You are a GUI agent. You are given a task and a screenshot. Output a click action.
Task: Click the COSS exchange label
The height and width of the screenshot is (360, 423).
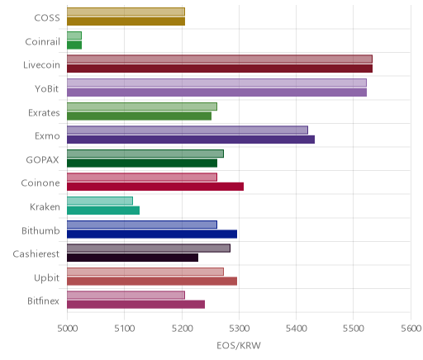coord(47,18)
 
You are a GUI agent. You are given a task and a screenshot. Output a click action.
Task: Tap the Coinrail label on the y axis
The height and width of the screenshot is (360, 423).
coord(42,42)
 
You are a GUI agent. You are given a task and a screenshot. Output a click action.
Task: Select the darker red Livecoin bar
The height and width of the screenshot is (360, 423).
coord(220,69)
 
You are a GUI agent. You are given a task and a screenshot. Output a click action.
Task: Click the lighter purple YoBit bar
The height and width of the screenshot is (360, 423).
coord(216,83)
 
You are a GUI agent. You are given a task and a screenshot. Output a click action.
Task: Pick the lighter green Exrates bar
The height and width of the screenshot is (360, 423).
coord(142,107)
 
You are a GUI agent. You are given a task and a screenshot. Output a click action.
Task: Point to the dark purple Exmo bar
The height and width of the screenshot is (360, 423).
coord(191,140)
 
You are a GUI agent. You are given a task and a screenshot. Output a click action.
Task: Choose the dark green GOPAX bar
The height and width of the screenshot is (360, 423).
coord(142,163)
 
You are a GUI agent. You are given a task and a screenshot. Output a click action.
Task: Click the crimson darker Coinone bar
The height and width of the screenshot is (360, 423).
coord(155,187)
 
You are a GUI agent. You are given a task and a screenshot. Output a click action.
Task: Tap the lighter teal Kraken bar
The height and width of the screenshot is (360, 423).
coord(100,201)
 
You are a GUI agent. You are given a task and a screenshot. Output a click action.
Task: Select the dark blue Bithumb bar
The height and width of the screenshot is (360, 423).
coord(152,234)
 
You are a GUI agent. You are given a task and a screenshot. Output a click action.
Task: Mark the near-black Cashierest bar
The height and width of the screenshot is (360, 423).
coord(132,258)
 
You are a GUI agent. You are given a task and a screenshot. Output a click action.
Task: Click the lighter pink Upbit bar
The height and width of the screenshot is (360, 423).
coord(145,272)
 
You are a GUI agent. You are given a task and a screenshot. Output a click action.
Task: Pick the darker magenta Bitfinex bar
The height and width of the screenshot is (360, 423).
coord(135,305)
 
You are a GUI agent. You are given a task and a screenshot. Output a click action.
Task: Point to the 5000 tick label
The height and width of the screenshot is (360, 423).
coord(67,329)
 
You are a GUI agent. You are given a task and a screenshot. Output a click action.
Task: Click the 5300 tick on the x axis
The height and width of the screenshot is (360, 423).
coord(239,329)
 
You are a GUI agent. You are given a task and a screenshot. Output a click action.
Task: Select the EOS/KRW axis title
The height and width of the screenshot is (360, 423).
coord(239,346)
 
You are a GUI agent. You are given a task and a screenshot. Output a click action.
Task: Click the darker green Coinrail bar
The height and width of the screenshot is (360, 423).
coord(74,45)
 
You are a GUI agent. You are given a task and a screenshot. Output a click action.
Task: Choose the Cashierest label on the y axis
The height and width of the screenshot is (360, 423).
coord(36,254)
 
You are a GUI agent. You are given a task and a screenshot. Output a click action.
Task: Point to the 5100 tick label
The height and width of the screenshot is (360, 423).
coord(125,329)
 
